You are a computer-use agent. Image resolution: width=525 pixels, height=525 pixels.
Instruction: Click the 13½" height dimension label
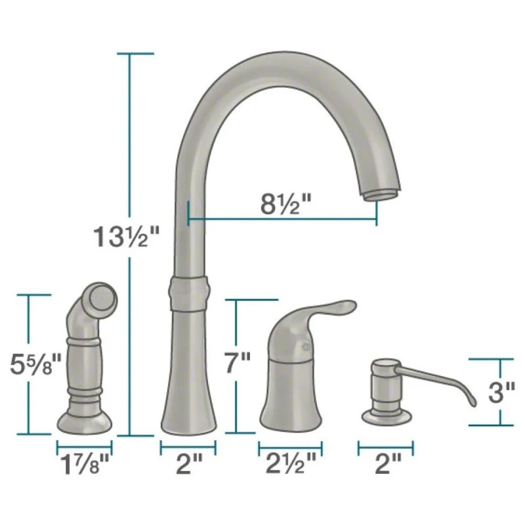pyautogui.click(x=126, y=237)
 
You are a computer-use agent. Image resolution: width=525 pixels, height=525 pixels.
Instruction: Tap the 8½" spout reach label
pyautogui.click(x=285, y=204)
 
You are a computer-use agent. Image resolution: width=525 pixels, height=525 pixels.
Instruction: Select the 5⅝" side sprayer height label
pyautogui.click(x=35, y=364)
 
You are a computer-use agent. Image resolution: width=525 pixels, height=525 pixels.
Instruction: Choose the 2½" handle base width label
pyautogui.click(x=291, y=463)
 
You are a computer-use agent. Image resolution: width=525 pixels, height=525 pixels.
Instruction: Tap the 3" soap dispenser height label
pyautogui.click(x=501, y=392)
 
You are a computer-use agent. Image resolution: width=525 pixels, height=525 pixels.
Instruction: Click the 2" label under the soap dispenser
pyautogui.click(x=388, y=463)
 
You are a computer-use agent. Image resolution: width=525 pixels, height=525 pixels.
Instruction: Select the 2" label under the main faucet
pyautogui.click(x=189, y=463)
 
